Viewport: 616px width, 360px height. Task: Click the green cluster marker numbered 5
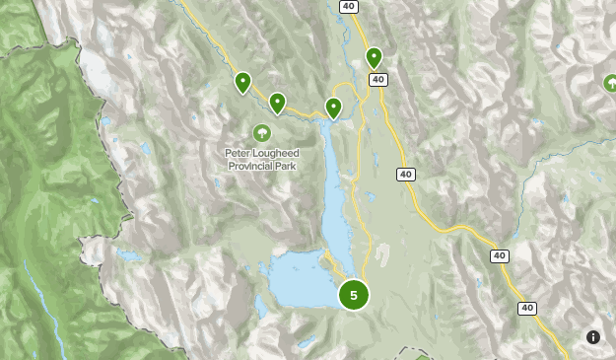pyautogui.click(x=353, y=294)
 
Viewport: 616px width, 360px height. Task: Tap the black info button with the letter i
pyautogui.click(x=592, y=337)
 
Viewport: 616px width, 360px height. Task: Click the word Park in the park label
pyautogui.click(x=286, y=167)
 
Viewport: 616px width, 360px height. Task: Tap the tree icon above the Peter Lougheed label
pyautogui.click(x=261, y=132)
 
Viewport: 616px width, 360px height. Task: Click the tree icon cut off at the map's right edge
pyautogui.click(x=609, y=84)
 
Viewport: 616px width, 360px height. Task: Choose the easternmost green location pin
pyautogui.click(x=374, y=57)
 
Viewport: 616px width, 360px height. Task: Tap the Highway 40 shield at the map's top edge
pyautogui.click(x=347, y=6)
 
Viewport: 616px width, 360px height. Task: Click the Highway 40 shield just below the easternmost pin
pyautogui.click(x=379, y=80)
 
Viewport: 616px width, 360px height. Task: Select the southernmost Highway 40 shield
pyautogui.click(x=528, y=309)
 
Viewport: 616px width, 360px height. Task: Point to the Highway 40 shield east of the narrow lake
pyautogui.click(x=406, y=175)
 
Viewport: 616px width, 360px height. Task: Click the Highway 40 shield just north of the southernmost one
pyautogui.click(x=500, y=255)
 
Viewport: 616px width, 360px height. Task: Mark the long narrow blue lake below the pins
pyautogui.click(x=334, y=187)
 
